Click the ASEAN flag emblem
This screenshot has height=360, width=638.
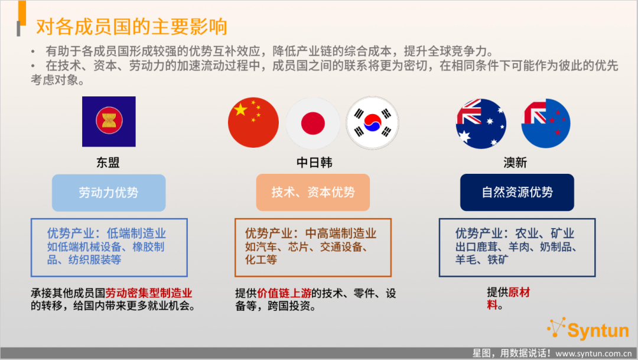(x=109, y=121)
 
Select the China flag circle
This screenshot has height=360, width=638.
(x=253, y=122)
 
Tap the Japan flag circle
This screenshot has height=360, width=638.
(x=313, y=123)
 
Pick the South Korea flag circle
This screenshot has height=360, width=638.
(x=372, y=122)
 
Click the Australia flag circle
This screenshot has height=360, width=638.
(x=481, y=124)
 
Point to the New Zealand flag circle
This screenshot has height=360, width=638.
(x=546, y=124)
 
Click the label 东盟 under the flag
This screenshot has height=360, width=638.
(x=108, y=163)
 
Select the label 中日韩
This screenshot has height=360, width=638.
(x=314, y=163)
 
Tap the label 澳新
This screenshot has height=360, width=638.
(x=515, y=163)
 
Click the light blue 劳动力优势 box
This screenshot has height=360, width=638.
(x=109, y=193)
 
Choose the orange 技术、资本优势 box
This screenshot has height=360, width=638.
(x=313, y=192)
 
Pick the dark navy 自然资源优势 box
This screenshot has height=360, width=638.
(x=517, y=192)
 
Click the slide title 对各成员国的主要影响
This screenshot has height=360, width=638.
(x=131, y=27)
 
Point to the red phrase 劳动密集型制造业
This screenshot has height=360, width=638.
(x=148, y=293)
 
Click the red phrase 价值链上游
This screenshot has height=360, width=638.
(x=284, y=293)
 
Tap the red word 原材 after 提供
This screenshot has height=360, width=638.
(x=519, y=293)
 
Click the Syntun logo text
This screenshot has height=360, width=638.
(x=598, y=330)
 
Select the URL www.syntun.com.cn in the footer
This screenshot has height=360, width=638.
(x=594, y=353)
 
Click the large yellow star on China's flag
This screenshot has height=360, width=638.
(x=240, y=109)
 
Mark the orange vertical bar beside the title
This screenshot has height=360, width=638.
(x=22, y=13)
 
